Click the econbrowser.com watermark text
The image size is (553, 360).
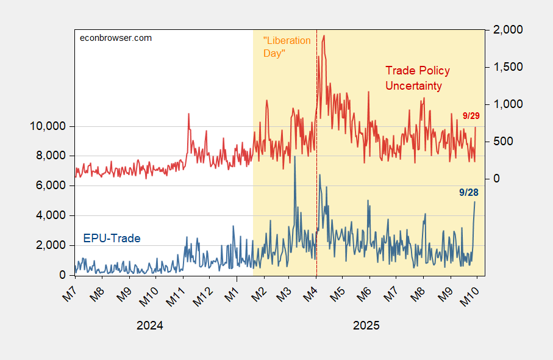(116, 38)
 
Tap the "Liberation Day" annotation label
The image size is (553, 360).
(287, 47)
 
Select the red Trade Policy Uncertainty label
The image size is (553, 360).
(414, 78)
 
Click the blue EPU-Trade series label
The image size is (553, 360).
(112, 238)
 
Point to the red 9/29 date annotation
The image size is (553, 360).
(472, 115)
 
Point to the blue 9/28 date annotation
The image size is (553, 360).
(469, 192)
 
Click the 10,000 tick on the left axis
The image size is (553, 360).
(48, 126)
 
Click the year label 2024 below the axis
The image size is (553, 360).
(149, 325)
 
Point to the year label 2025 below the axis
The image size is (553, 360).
(366, 325)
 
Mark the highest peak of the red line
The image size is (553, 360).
(323, 35)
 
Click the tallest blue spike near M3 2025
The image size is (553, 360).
(295, 157)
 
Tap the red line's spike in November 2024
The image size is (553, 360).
(189, 114)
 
